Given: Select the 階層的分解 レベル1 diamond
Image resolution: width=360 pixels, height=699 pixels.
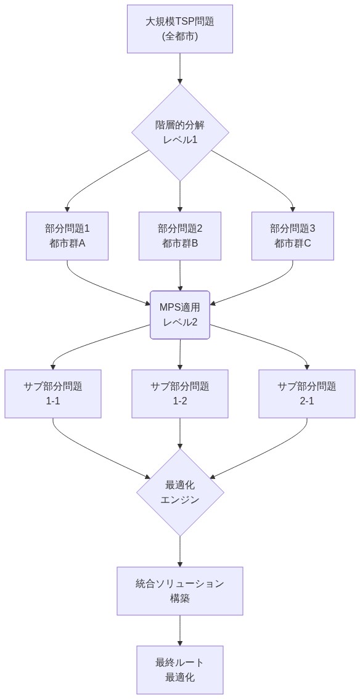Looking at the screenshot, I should tap(180, 132).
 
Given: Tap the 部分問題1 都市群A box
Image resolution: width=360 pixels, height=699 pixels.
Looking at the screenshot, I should tap(67, 235).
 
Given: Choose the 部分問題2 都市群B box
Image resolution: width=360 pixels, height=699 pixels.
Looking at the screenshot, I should tap(180, 235).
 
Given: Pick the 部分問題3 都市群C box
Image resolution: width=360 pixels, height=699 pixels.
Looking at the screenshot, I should tap(292, 235).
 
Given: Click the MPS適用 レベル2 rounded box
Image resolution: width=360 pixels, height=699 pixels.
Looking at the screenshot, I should tap(180, 314).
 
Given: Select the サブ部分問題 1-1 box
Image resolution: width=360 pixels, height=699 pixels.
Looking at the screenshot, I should tap(53, 394).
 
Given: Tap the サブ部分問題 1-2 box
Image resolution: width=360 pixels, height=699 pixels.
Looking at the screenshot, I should tap(180, 394).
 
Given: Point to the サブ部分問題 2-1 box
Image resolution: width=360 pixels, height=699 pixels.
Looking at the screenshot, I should tap(306, 394).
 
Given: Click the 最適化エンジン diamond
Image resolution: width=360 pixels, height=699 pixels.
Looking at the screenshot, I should tap(180, 493).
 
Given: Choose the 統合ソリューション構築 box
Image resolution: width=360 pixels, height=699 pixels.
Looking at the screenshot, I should tap(180, 591).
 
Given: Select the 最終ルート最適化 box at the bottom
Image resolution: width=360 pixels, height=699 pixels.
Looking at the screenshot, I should tap(180, 670).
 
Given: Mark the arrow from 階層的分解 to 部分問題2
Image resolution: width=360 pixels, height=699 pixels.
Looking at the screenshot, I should tap(180, 196).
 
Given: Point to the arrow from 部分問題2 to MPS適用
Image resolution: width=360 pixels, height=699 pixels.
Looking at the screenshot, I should tap(180, 274).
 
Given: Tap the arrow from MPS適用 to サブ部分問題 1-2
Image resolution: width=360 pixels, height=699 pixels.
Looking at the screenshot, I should tap(180, 354).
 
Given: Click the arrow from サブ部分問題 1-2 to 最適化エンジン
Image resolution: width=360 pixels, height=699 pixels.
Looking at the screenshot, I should tap(180, 433).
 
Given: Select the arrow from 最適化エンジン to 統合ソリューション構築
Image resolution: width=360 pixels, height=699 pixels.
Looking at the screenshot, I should tap(180, 551).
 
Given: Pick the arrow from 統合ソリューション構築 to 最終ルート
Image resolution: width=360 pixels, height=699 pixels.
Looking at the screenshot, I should tap(180, 630).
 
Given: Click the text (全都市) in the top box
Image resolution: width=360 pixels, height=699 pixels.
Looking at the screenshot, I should tap(180, 36).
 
